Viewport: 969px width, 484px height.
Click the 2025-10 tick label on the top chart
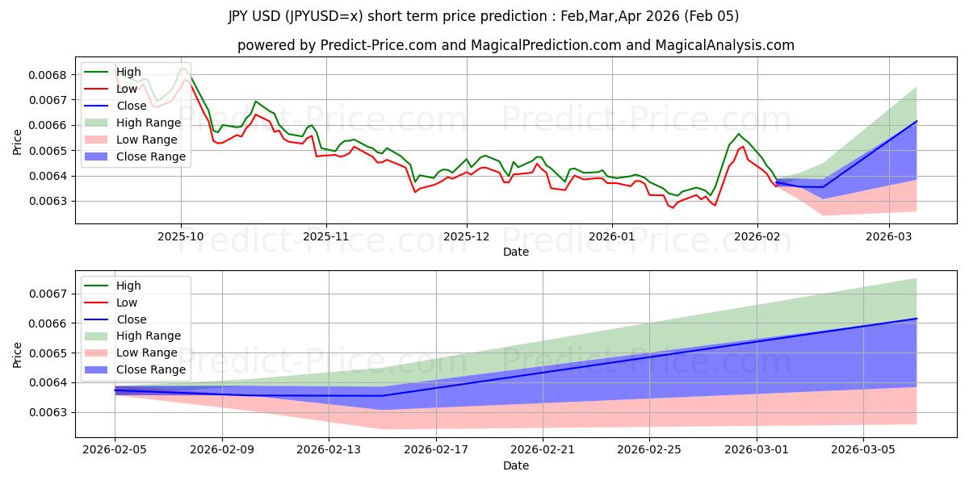[180, 236]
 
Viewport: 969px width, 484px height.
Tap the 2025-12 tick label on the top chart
[466, 236]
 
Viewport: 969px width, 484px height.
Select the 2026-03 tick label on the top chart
[888, 236]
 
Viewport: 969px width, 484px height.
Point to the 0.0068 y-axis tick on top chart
[53, 75]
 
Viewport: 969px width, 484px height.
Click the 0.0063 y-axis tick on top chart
[53, 201]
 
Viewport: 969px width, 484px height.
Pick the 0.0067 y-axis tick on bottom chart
[53, 294]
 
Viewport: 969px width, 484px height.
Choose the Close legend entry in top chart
[132, 106]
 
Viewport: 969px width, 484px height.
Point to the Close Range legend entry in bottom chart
[151, 369]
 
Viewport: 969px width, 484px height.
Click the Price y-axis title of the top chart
[18, 143]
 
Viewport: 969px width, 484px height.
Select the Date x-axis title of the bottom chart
[516, 465]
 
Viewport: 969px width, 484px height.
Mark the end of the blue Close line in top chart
[917, 121]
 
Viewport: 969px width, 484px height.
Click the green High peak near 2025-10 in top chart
[182, 69]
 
